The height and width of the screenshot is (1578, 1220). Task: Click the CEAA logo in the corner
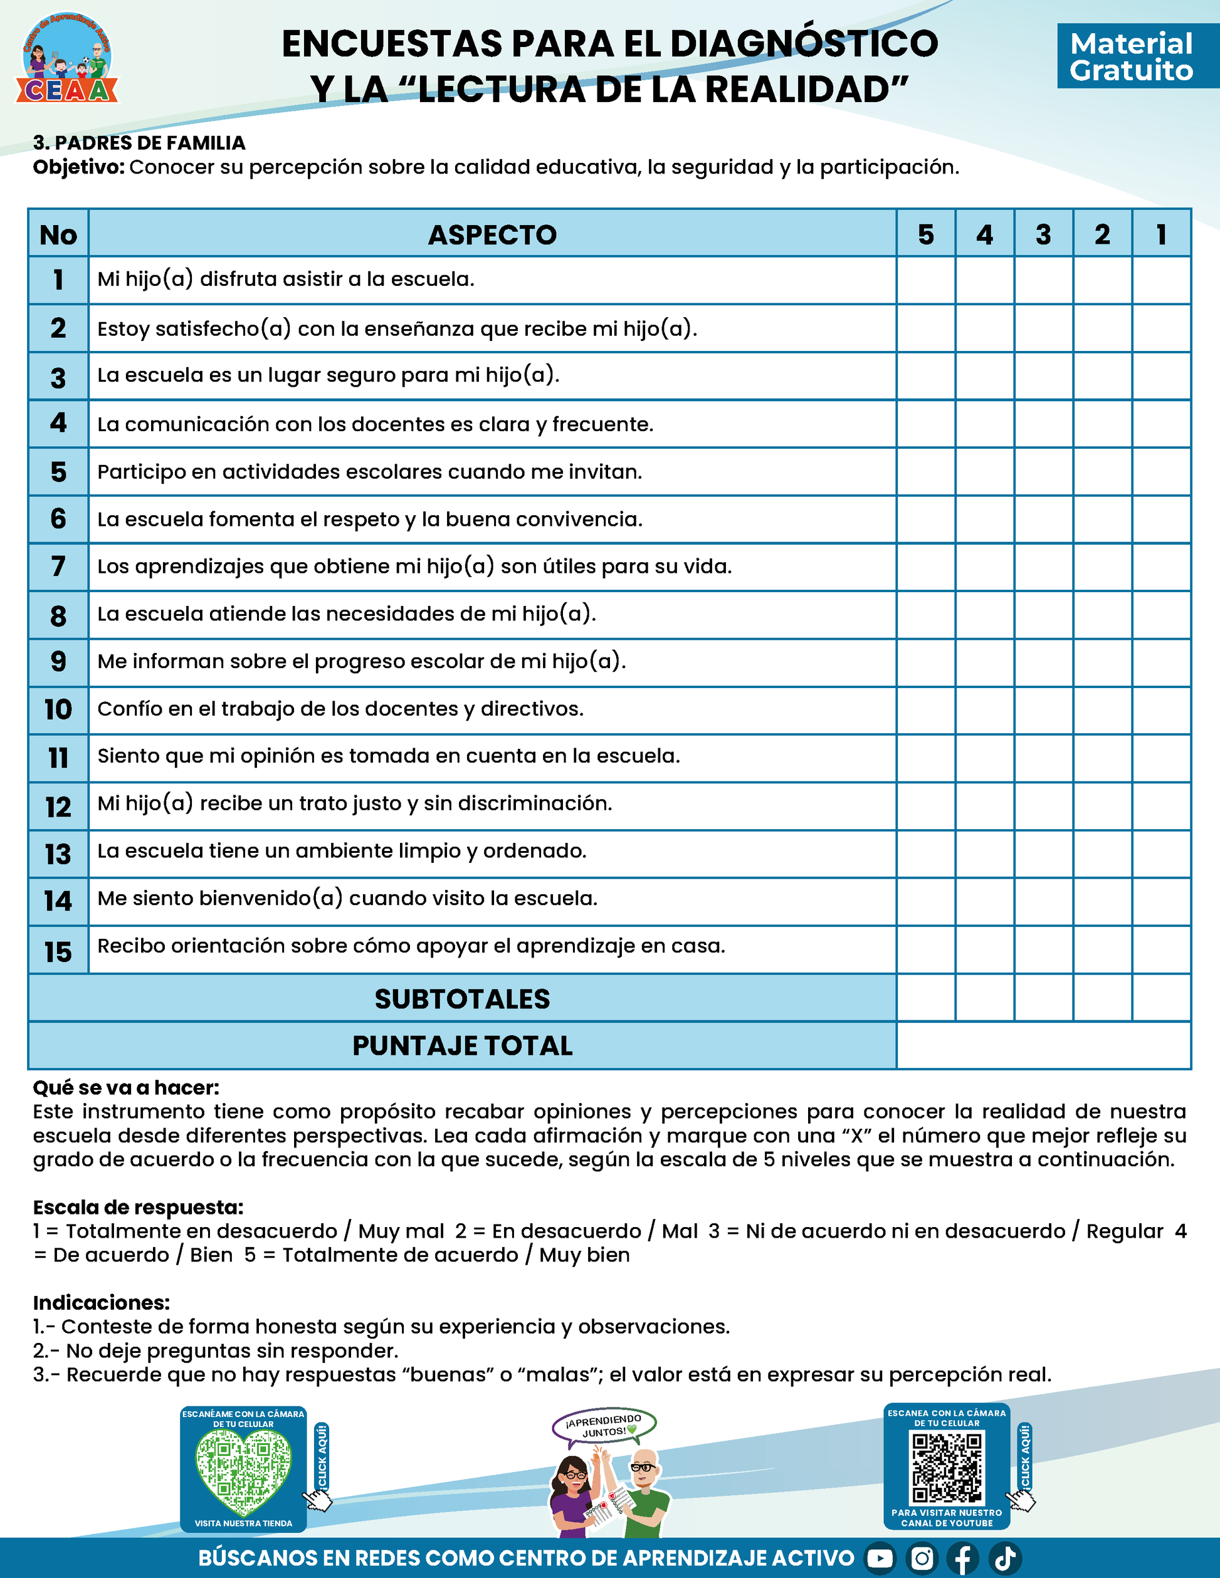point(66,58)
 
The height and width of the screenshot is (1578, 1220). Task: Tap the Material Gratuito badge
point(1131,56)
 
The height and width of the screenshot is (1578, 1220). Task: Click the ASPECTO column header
point(492,234)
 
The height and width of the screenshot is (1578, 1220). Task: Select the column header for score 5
point(926,234)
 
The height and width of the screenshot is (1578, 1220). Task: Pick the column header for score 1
point(1160,234)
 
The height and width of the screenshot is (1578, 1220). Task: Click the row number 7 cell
point(58,567)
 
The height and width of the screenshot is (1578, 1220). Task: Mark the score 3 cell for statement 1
point(1044,280)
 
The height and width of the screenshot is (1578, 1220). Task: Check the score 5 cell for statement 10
point(926,710)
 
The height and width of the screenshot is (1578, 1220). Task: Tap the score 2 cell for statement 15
point(1102,949)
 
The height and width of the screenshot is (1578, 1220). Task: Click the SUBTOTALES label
point(463,998)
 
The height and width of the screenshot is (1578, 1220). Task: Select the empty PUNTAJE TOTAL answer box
point(1043,1045)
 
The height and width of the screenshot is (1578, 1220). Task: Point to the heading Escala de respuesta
point(138,1206)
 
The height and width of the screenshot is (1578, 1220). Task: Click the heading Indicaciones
point(101,1302)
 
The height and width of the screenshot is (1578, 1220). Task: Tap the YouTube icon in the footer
point(880,1559)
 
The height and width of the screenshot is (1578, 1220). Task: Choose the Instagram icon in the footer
point(922,1559)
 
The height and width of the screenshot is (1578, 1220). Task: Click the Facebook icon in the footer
point(963,1559)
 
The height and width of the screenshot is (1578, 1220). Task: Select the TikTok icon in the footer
point(1004,1559)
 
